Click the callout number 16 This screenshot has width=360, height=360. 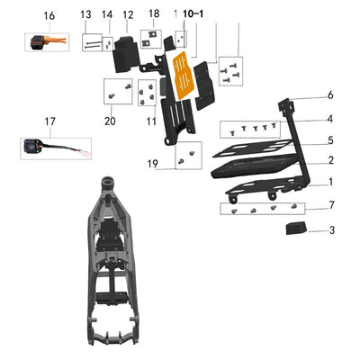pyautogui.click(x=49, y=16)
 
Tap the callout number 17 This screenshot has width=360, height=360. pyautogui.click(x=49, y=121)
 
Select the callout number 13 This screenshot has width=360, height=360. pyautogui.click(x=86, y=15)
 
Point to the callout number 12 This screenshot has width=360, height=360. pyautogui.click(x=128, y=15)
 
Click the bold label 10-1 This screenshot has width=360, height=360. pyautogui.click(x=193, y=15)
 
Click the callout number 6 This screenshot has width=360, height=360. pyautogui.click(x=330, y=95)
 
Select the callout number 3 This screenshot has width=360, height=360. pyautogui.click(x=330, y=231)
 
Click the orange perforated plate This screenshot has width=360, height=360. pyautogui.click(x=183, y=76)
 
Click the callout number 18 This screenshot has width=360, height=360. pyautogui.click(x=154, y=13)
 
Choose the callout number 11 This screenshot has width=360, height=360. pyautogui.click(x=151, y=120)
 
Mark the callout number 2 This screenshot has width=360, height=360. pyautogui.click(x=330, y=160)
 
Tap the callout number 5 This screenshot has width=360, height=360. pyautogui.click(x=330, y=140)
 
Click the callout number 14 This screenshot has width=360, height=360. pyautogui.click(x=107, y=15)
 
